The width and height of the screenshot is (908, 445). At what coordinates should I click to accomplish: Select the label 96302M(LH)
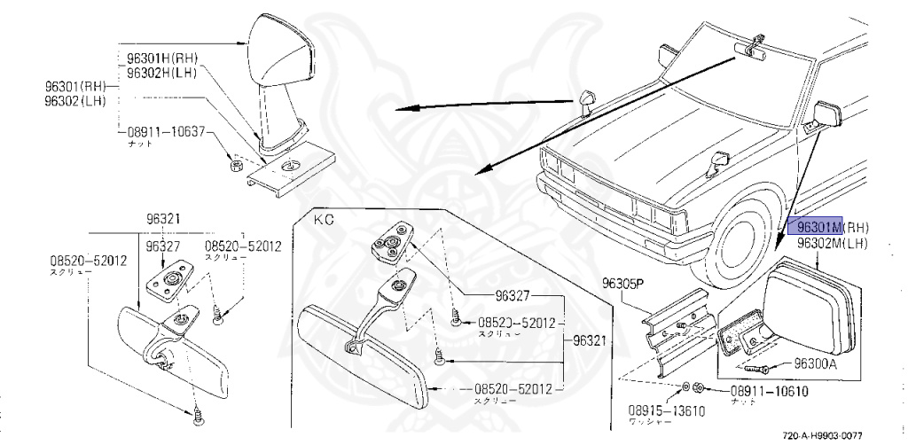pyautogui.click(x=832, y=242)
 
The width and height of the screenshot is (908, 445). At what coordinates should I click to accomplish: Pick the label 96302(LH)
pyautogui.click(x=76, y=101)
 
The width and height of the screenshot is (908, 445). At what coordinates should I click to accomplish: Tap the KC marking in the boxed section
pyautogui.click(x=322, y=216)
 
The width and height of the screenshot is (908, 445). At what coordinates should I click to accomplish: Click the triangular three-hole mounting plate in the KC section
pyautogui.click(x=390, y=240)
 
